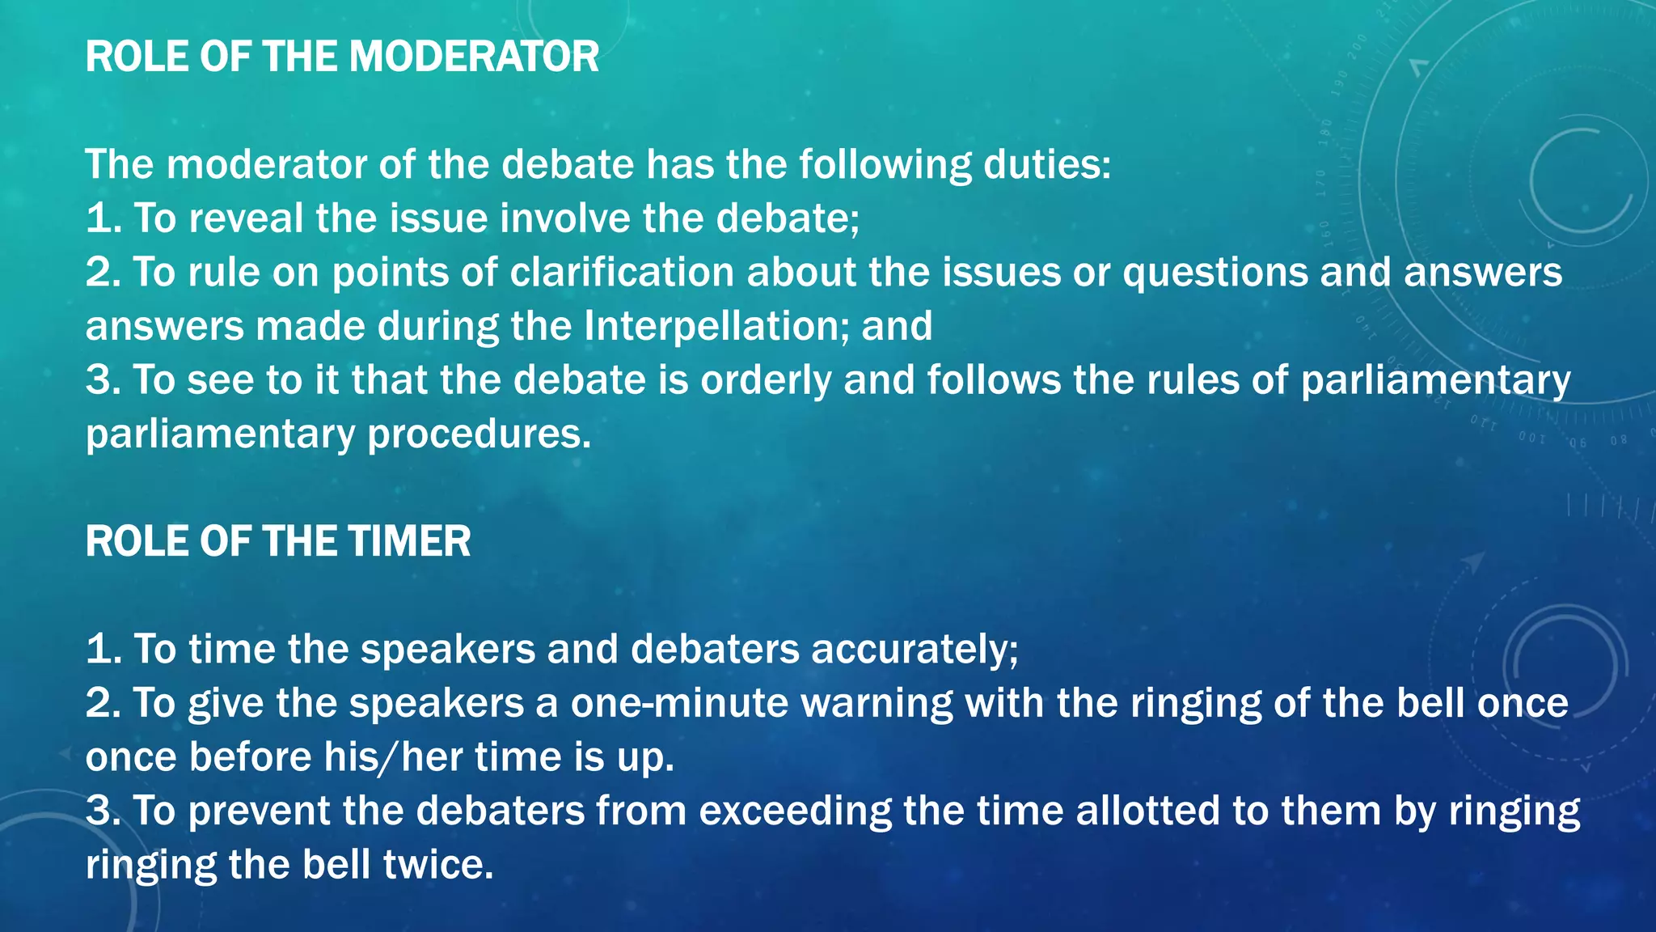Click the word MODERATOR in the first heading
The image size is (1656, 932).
(x=474, y=57)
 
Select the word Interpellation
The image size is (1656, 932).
(x=716, y=326)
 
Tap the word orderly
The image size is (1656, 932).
(x=765, y=380)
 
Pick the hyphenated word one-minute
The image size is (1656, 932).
(x=679, y=703)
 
